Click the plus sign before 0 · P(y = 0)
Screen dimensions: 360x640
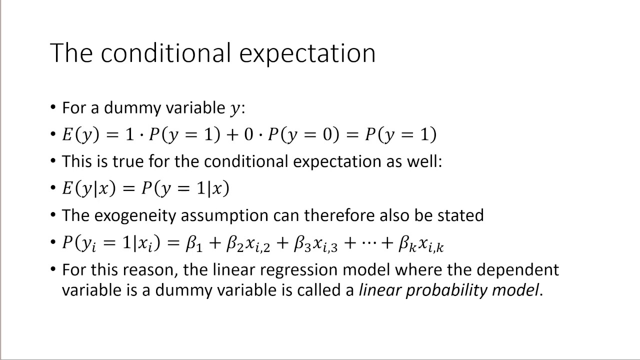click(x=231, y=134)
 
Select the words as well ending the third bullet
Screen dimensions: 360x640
click(x=415, y=161)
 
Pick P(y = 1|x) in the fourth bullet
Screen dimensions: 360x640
click(x=185, y=188)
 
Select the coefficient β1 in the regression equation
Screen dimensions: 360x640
click(x=194, y=243)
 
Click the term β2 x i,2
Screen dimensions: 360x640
click(x=248, y=243)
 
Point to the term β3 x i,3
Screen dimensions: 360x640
click(x=315, y=243)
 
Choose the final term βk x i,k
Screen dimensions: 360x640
click(x=420, y=243)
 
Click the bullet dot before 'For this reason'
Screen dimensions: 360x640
click(x=53, y=269)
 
